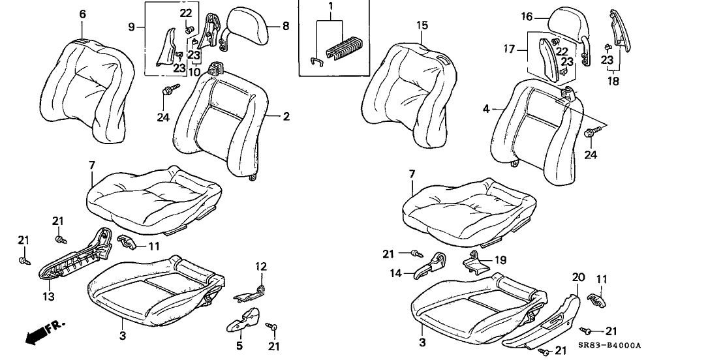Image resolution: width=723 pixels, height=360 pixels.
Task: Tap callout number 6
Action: point(82,14)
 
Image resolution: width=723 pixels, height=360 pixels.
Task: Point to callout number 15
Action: point(422,25)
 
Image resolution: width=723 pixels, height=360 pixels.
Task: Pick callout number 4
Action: point(485,110)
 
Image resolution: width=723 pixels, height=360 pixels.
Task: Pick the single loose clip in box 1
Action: point(315,60)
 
